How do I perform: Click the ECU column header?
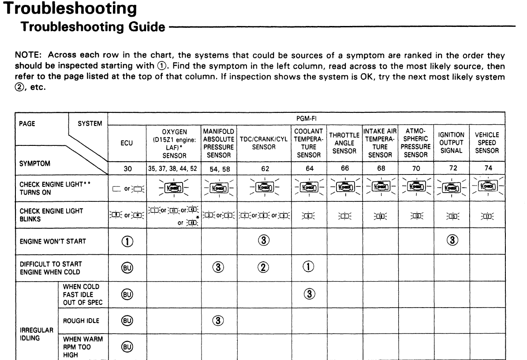pyautogui.click(x=127, y=143)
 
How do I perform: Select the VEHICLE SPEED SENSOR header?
pyautogui.click(x=487, y=143)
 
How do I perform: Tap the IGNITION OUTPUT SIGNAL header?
pyautogui.click(x=452, y=143)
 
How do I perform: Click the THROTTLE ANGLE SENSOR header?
pyautogui.click(x=344, y=143)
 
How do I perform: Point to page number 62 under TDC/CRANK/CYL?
pyautogui.click(x=264, y=168)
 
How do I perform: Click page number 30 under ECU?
pyautogui.click(x=127, y=168)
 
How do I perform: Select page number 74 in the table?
pyautogui.click(x=487, y=168)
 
